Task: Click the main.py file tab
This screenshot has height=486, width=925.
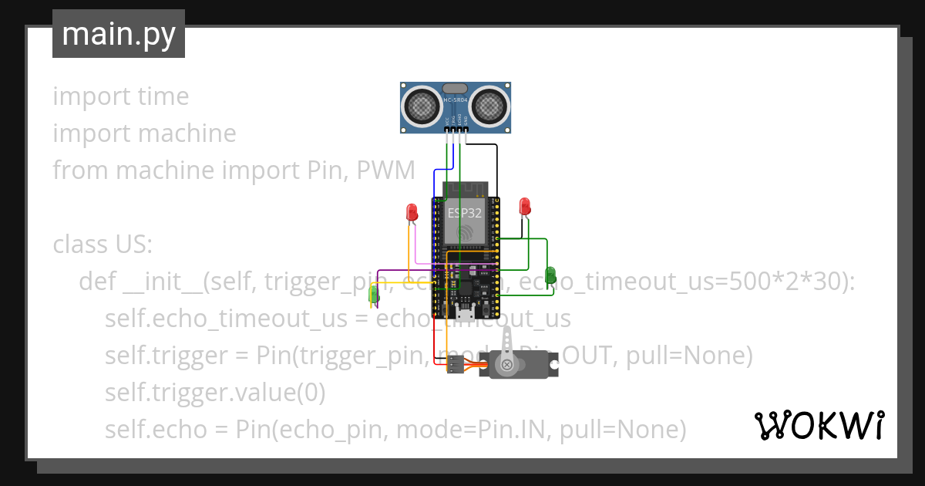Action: click(119, 34)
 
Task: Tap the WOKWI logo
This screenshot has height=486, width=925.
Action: click(819, 425)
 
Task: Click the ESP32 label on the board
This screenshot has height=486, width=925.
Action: click(465, 212)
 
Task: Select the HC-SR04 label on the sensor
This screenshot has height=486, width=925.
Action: click(455, 100)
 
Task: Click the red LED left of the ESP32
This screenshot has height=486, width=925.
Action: click(412, 211)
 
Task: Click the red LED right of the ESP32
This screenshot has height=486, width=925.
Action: click(525, 206)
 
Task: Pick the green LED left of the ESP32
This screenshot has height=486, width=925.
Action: click(375, 293)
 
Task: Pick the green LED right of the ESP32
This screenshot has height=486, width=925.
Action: click(550, 275)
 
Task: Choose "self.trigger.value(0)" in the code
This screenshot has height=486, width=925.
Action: click(215, 393)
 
